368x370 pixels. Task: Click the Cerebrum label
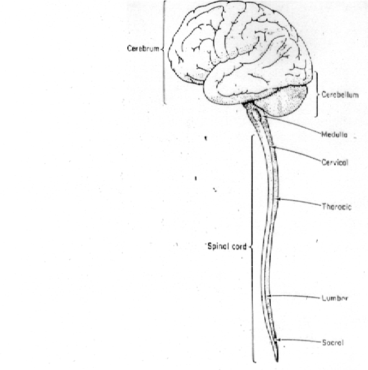pyautogui.click(x=143, y=49)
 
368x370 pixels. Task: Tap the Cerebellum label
pyautogui.click(x=340, y=95)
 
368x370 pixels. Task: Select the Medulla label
pyautogui.click(x=335, y=135)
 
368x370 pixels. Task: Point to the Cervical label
pyautogui.click(x=335, y=162)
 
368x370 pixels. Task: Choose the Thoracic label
pyautogui.click(x=337, y=207)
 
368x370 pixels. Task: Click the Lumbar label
pyautogui.click(x=335, y=298)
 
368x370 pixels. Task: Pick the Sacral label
pyautogui.click(x=333, y=343)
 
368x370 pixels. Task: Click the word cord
pyautogui.click(x=240, y=247)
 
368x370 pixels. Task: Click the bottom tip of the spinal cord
pyautogui.click(x=277, y=362)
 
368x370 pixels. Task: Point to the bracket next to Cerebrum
pyautogui.click(x=164, y=52)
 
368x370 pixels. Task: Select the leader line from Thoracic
pyautogui.click(x=300, y=202)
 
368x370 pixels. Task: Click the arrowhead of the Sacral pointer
pyautogui.click(x=278, y=340)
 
